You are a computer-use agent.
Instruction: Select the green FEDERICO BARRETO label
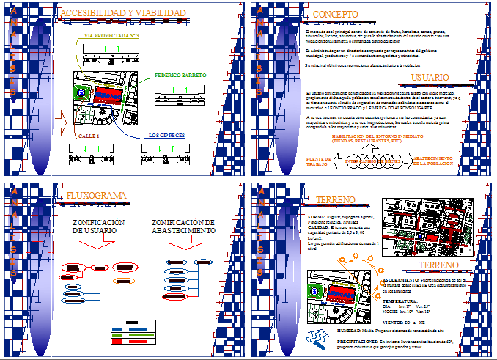coord(180,76)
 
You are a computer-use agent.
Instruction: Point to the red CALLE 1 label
coord(87,136)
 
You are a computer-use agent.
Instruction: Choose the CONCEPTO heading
coord(335,15)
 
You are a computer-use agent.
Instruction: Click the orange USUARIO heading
coord(430,76)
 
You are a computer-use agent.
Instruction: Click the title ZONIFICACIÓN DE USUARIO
coord(98,227)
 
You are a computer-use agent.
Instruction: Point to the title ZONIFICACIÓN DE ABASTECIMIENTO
coord(188,227)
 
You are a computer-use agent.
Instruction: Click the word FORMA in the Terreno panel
coord(317,218)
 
